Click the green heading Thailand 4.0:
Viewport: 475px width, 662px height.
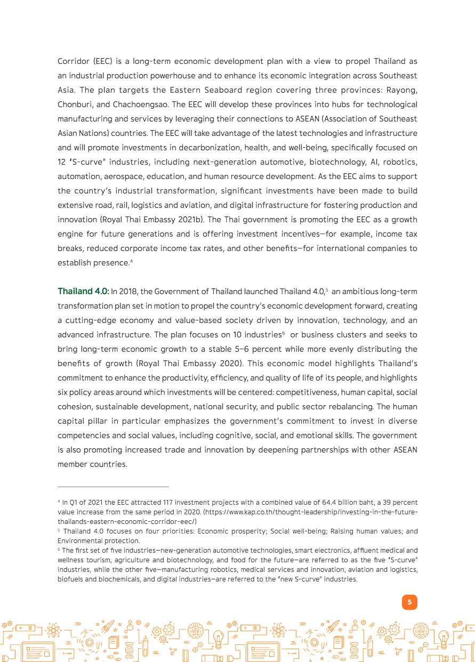(x=83, y=292)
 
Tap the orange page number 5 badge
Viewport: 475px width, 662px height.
(x=409, y=602)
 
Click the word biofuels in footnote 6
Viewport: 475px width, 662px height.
(x=71, y=579)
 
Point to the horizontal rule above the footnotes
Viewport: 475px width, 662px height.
(x=113, y=487)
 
